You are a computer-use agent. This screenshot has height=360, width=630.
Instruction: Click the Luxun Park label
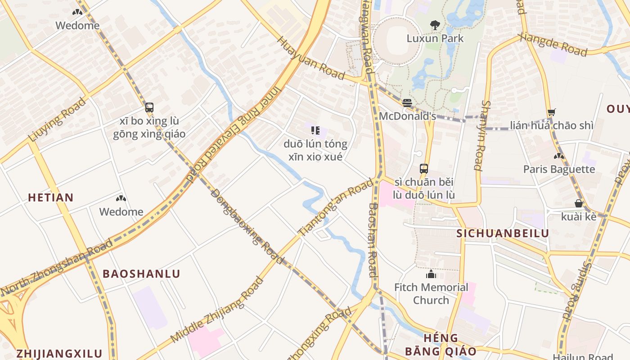tap(435, 38)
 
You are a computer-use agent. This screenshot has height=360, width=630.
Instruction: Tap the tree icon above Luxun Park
tap(435, 25)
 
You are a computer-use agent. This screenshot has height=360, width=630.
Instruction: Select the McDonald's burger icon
tap(407, 103)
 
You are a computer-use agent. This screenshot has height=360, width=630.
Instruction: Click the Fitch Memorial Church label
tap(431, 293)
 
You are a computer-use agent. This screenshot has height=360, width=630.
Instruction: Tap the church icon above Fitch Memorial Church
tap(431, 274)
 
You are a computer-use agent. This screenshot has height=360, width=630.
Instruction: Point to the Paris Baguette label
tap(559, 169)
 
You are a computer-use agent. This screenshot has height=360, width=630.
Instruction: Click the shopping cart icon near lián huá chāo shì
tap(552, 112)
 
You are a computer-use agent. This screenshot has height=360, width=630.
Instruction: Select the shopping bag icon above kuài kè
tap(579, 203)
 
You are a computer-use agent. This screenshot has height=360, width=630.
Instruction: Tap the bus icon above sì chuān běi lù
tap(424, 169)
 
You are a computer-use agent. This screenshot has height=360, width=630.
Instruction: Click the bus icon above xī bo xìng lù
tap(149, 108)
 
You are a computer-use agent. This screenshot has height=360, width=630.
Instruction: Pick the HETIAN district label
tap(50, 197)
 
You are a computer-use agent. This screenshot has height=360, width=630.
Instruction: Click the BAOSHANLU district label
tap(141, 274)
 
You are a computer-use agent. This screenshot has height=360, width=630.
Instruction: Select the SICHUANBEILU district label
tap(503, 233)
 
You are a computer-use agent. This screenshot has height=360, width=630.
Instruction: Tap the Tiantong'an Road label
tap(336, 207)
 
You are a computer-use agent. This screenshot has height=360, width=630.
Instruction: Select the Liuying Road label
tap(57, 120)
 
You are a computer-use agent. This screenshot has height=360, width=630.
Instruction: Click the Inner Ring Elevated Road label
tap(234, 135)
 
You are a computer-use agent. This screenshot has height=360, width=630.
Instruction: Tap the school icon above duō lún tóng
tap(315, 130)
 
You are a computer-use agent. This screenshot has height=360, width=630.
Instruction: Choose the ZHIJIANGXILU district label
tap(59, 353)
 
